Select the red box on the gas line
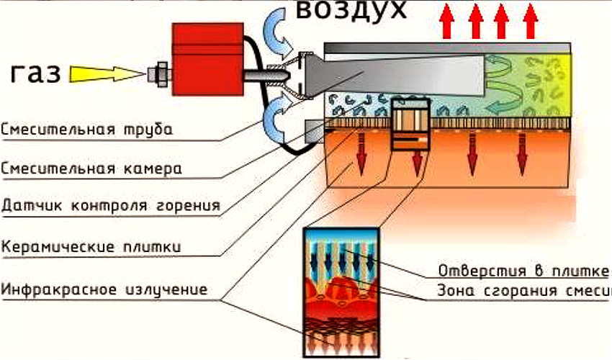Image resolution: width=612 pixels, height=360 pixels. [207, 58]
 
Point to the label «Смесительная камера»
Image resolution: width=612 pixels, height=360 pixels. [91, 169]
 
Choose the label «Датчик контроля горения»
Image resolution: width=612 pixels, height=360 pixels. [110, 207]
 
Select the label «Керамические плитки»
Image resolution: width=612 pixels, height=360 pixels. [91, 247]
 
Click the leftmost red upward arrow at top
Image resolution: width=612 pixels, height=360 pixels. [448, 21]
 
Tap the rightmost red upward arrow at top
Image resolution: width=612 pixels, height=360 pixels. [531, 21]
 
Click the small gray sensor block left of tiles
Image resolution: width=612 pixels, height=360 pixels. [315, 130]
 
